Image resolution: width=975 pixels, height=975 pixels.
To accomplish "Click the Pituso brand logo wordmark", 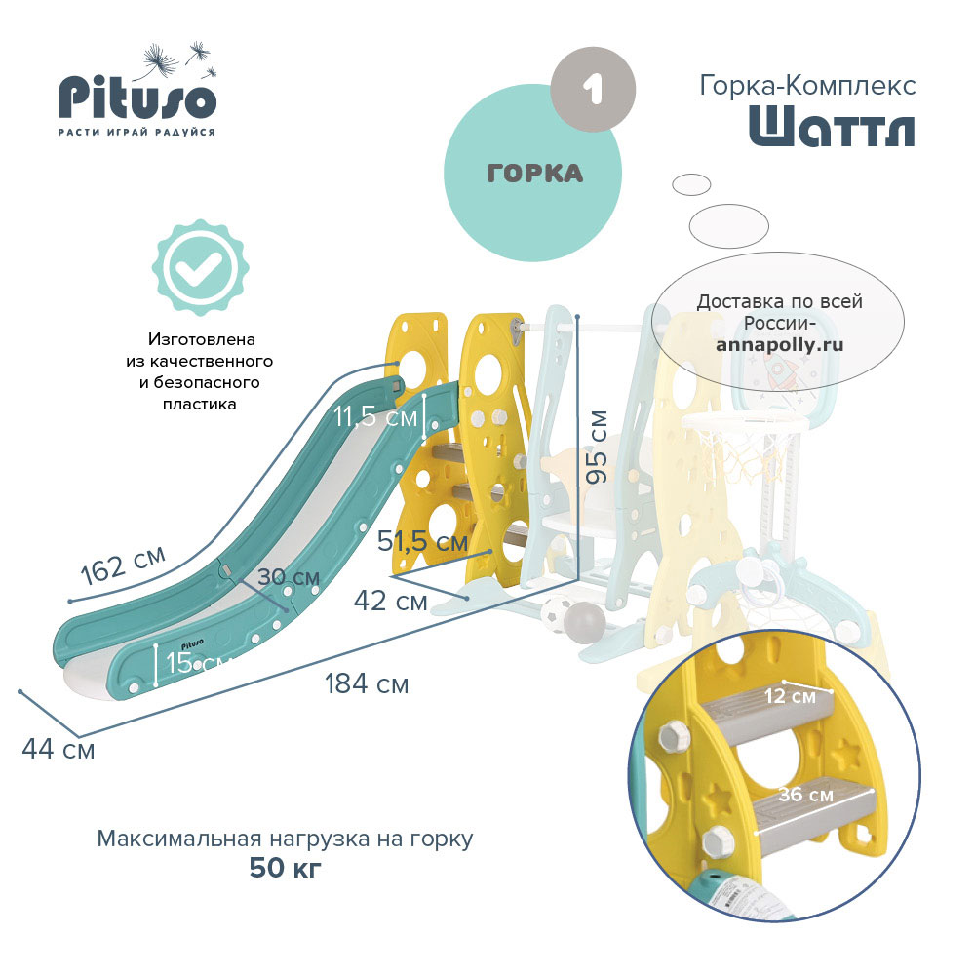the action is point(137,97).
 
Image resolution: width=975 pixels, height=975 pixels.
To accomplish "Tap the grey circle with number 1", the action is point(593,89).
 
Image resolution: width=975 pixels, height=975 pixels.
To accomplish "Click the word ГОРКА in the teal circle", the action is point(534,174).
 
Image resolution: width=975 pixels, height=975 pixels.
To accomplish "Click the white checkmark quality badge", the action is point(200,267).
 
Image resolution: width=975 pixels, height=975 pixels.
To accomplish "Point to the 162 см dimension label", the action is point(123,565).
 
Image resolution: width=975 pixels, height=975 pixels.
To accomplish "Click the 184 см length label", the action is point(367,684).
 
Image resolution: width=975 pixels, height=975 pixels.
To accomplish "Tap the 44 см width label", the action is point(58,749).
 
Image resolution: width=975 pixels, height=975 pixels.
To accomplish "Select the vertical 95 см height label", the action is point(597,448).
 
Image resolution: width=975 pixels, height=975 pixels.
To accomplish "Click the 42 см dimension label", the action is point(391,602).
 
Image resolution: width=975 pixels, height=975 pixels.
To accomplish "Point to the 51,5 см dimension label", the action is point(423,541).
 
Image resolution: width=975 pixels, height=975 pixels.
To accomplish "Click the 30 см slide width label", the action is point(289,577).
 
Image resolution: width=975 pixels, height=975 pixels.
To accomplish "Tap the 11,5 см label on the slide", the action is point(375,416).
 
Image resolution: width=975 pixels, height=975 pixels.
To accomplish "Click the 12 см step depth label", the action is point(790,695).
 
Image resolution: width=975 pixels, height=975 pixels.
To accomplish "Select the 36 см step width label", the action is point(806,794).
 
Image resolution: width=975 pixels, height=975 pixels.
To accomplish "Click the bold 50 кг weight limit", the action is point(286,868).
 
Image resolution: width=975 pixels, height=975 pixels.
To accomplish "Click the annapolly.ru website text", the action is point(780,344).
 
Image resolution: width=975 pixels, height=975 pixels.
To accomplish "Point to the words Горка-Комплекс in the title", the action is point(807,85).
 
